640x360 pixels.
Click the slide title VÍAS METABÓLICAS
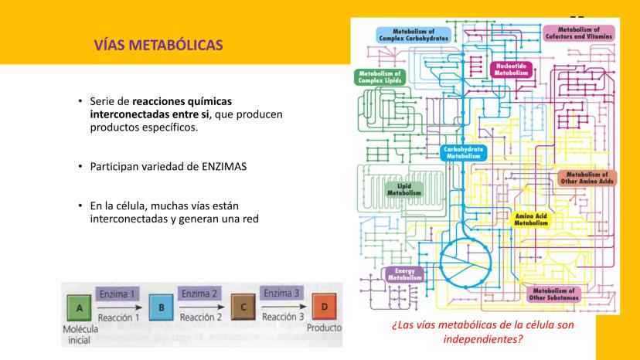pos(158,46)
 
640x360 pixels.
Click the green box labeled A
pos(80,307)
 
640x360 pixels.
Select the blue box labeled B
pos(160,307)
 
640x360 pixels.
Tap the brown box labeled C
pos(243,307)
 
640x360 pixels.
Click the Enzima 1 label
pos(119,294)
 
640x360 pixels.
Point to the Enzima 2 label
pos(200,294)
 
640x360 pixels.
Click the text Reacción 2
pos(200,317)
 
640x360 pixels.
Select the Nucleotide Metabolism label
pos(510,69)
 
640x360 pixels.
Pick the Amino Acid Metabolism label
pos(530,219)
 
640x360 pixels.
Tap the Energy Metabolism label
pos(404,275)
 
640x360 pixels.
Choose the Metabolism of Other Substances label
pos(553,293)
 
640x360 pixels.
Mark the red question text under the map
pos(483,331)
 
